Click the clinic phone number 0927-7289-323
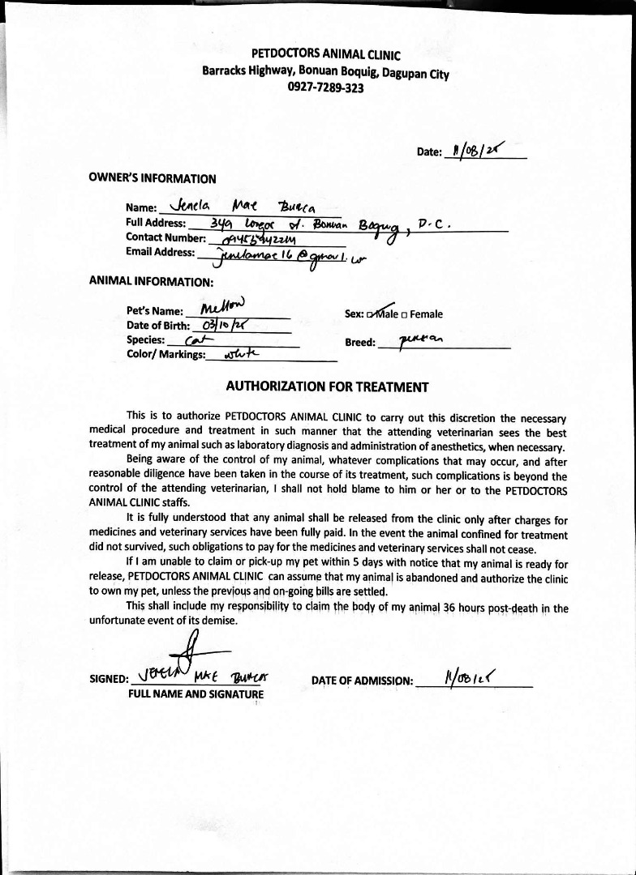coord(325,87)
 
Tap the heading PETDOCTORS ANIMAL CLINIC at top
coord(326,55)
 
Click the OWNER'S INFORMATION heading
coord(152,178)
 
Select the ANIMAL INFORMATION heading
coord(151,282)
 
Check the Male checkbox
coord(371,314)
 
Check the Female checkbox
coord(405,314)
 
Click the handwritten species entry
coord(196,340)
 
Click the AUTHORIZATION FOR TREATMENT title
coord(327,386)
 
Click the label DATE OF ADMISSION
coord(362,681)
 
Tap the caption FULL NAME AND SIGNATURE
coord(196,694)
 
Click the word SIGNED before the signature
coord(109,680)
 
